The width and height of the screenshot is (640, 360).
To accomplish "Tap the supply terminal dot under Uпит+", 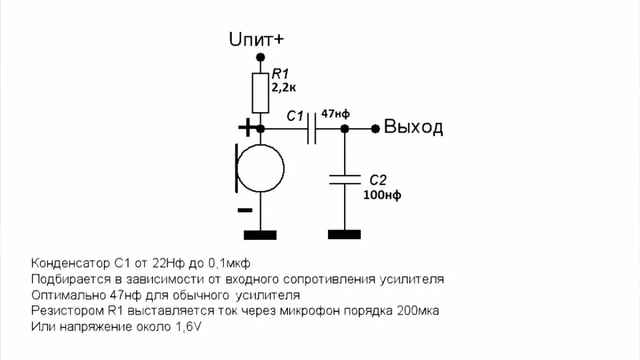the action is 260,57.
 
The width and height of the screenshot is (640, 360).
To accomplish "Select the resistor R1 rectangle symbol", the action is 260,93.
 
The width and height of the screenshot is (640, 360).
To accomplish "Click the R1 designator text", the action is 281,74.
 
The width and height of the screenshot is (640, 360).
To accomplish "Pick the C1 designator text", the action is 295,115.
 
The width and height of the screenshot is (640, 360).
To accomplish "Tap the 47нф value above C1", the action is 336,114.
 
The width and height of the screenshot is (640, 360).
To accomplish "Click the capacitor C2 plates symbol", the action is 345,179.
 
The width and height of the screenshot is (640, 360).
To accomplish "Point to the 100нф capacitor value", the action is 382,195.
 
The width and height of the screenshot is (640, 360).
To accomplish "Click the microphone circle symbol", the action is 260,170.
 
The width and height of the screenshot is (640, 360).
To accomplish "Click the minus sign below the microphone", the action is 245,210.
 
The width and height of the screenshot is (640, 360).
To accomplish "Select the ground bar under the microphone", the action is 260,235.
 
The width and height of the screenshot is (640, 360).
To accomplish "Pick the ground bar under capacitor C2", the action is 345,235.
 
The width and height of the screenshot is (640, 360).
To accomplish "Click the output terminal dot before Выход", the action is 376,129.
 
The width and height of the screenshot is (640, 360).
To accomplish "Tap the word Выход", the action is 414,127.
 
